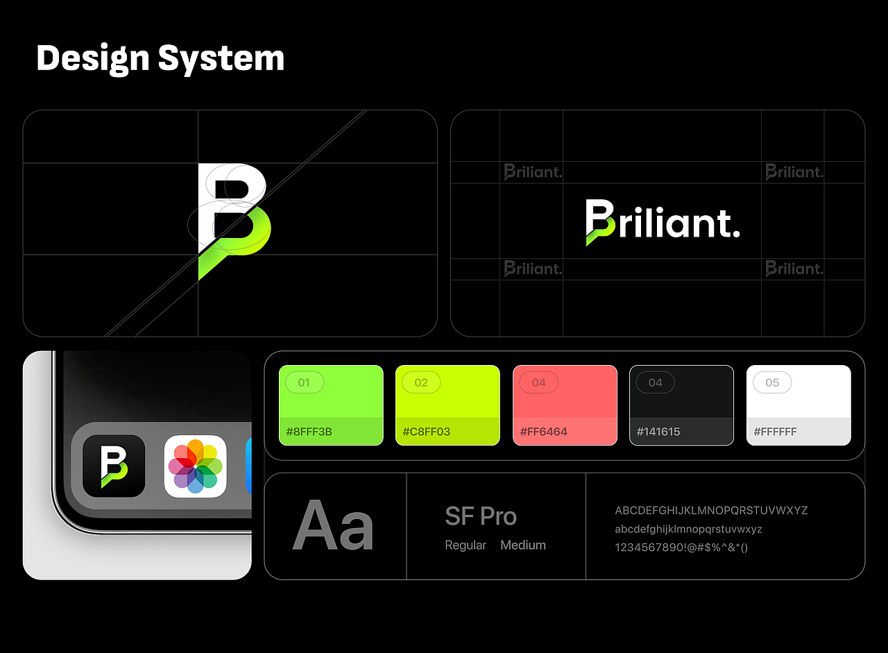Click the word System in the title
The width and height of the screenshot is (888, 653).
tap(221, 58)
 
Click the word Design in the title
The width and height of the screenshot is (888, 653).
tap(92, 58)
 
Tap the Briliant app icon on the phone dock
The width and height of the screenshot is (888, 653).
tap(114, 466)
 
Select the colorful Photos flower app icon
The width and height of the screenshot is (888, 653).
tap(196, 466)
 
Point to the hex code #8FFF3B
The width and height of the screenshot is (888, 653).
tap(309, 432)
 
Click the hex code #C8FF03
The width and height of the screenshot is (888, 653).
tap(426, 432)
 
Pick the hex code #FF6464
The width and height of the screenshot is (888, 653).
tap(543, 432)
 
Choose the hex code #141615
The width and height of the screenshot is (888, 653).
tap(659, 432)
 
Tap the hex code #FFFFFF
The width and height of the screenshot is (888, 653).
tap(775, 432)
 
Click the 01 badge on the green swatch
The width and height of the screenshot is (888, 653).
tap(304, 382)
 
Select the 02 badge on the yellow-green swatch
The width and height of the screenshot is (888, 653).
tap(421, 382)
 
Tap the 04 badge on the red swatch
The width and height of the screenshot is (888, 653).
tap(538, 382)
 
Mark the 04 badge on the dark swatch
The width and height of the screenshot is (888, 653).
tap(655, 382)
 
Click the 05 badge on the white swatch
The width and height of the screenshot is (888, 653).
tap(772, 382)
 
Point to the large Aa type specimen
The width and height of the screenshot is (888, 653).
tap(334, 527)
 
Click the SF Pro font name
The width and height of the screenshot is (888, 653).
tap(481, 517)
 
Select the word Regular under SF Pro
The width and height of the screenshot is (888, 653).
tap(466, 545)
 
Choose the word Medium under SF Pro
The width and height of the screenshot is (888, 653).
tap(523, 545)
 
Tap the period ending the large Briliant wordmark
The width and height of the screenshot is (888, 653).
tap(736, 232)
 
